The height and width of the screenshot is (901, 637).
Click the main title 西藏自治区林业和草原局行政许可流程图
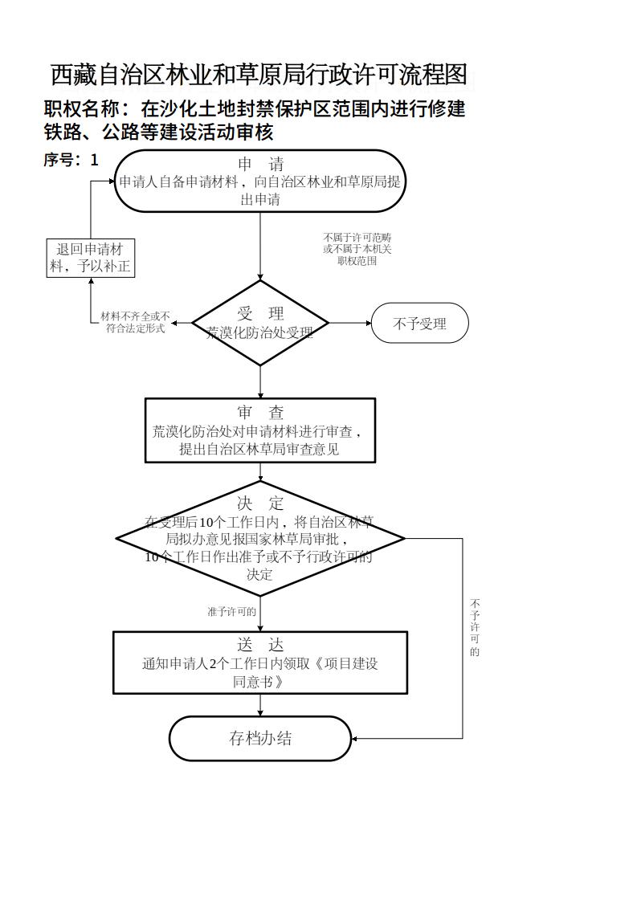259,75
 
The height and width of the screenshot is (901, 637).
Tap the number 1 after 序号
95,160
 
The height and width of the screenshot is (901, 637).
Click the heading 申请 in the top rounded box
260,165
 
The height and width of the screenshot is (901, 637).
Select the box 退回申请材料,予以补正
89,258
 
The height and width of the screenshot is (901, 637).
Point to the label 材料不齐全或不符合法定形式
135,323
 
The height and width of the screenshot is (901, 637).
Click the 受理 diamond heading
260,313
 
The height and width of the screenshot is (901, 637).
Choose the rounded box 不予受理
419,324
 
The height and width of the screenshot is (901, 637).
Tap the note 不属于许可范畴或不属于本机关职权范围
357,249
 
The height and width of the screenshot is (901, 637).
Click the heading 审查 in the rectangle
260,413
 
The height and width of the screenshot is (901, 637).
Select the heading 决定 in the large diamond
260,503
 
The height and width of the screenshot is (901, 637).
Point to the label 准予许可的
231,612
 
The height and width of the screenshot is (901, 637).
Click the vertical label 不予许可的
475,626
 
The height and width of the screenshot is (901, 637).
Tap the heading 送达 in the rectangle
260,646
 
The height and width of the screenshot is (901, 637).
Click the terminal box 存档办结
260,739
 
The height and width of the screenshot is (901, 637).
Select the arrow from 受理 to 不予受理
349,324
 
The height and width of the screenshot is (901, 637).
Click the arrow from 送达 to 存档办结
260,705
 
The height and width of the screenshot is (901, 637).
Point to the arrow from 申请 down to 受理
260,245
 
